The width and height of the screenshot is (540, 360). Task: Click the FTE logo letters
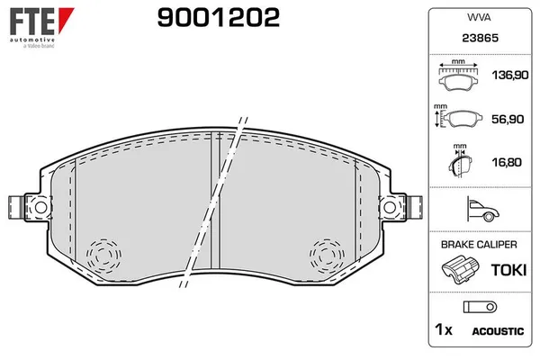tap(32, 21)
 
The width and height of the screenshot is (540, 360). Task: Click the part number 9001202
tap(219, 18)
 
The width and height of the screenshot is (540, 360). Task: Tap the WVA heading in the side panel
tap(479, 17)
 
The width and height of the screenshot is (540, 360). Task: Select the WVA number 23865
tap(480, 38)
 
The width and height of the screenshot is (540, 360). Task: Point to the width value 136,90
tap(510, 75)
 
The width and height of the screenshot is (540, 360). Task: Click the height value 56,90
tap(508, 119)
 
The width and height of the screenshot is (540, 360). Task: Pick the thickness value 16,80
tap(507, 162)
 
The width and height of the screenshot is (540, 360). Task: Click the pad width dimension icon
tap(458, 76)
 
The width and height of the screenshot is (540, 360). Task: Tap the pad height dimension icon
tap(458, 117)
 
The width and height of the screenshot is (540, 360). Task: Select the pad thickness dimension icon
tap(460, 160)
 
